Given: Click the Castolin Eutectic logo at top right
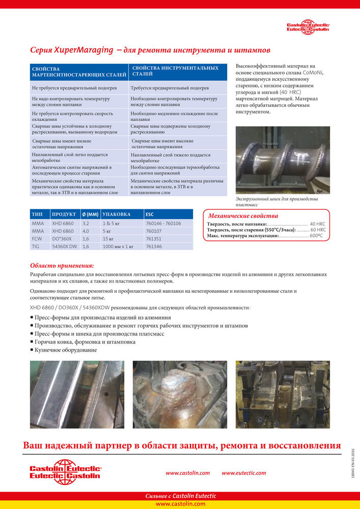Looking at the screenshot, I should click(x=308, y=28).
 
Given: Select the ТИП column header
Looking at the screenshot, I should click(x=37, y=214).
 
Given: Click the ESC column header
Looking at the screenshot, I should click(x=150, y=214).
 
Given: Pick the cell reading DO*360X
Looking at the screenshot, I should click(x=63, y=238).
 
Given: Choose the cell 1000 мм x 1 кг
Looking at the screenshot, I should click(x=118, y=246).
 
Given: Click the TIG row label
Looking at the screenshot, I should click(x=36, y=246).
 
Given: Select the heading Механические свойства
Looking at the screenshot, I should click(x=243, y=216).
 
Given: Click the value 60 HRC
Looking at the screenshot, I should click(x=318, y=230).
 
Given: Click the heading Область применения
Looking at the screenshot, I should click(x=62, y=265).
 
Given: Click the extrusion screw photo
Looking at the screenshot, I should click(x=283, y=160).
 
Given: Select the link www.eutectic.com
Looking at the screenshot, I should click(x=243, y=473).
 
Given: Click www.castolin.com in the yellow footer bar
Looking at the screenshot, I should click(x=180, y=504).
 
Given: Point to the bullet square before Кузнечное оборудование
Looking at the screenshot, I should click(x=32, y=350).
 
